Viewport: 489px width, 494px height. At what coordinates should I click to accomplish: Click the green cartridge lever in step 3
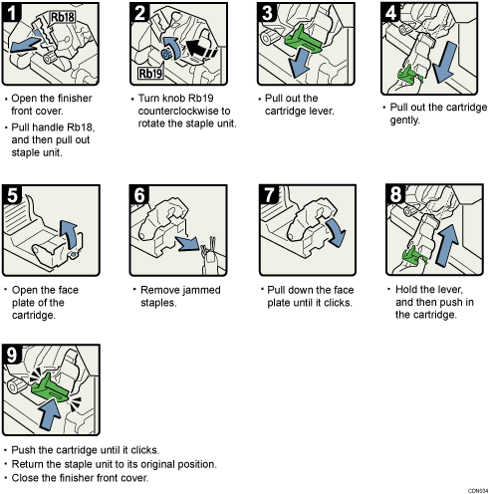[x=306, y=41]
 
